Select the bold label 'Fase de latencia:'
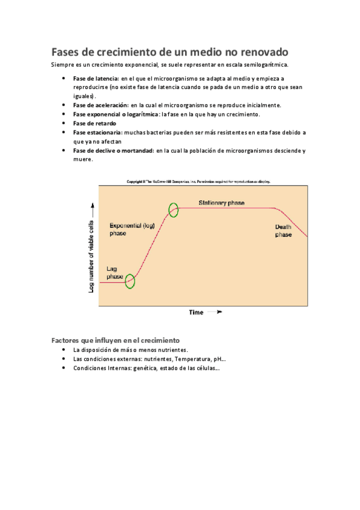coord(96,79)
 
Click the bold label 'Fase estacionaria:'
coord(97,132)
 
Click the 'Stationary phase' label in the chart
coord(222,203)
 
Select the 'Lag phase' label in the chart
coord(115,272)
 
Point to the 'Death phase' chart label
coord(283,230)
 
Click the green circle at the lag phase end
coord(130,281)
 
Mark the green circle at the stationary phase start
coord(174,210)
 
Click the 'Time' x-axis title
coord(197,312)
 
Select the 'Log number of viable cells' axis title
coord(91,247)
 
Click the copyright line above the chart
coord(198,180)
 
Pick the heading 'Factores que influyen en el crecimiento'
coord(115,340)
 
